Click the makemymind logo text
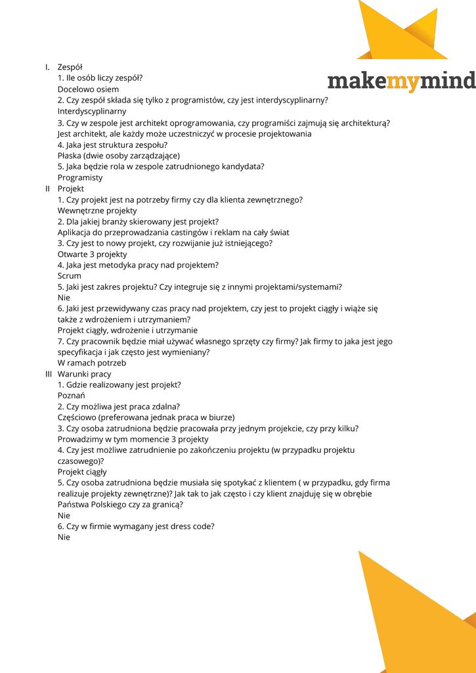(401, 81)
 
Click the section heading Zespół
(70, 67)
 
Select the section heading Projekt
(70, 189)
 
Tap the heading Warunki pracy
(84, 374)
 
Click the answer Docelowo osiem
(88, 89)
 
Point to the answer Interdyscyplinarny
(92, 111)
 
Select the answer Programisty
(80, 177)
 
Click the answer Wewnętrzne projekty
(97, 210)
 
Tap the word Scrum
(70, 276)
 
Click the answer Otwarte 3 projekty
(92, 254)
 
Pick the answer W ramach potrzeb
(91, 363)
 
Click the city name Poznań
(71, 396)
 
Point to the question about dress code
(136, 526)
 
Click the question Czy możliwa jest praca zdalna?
(118, 407)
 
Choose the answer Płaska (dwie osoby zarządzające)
(118, 156)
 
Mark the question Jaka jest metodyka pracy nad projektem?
(138, 265)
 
